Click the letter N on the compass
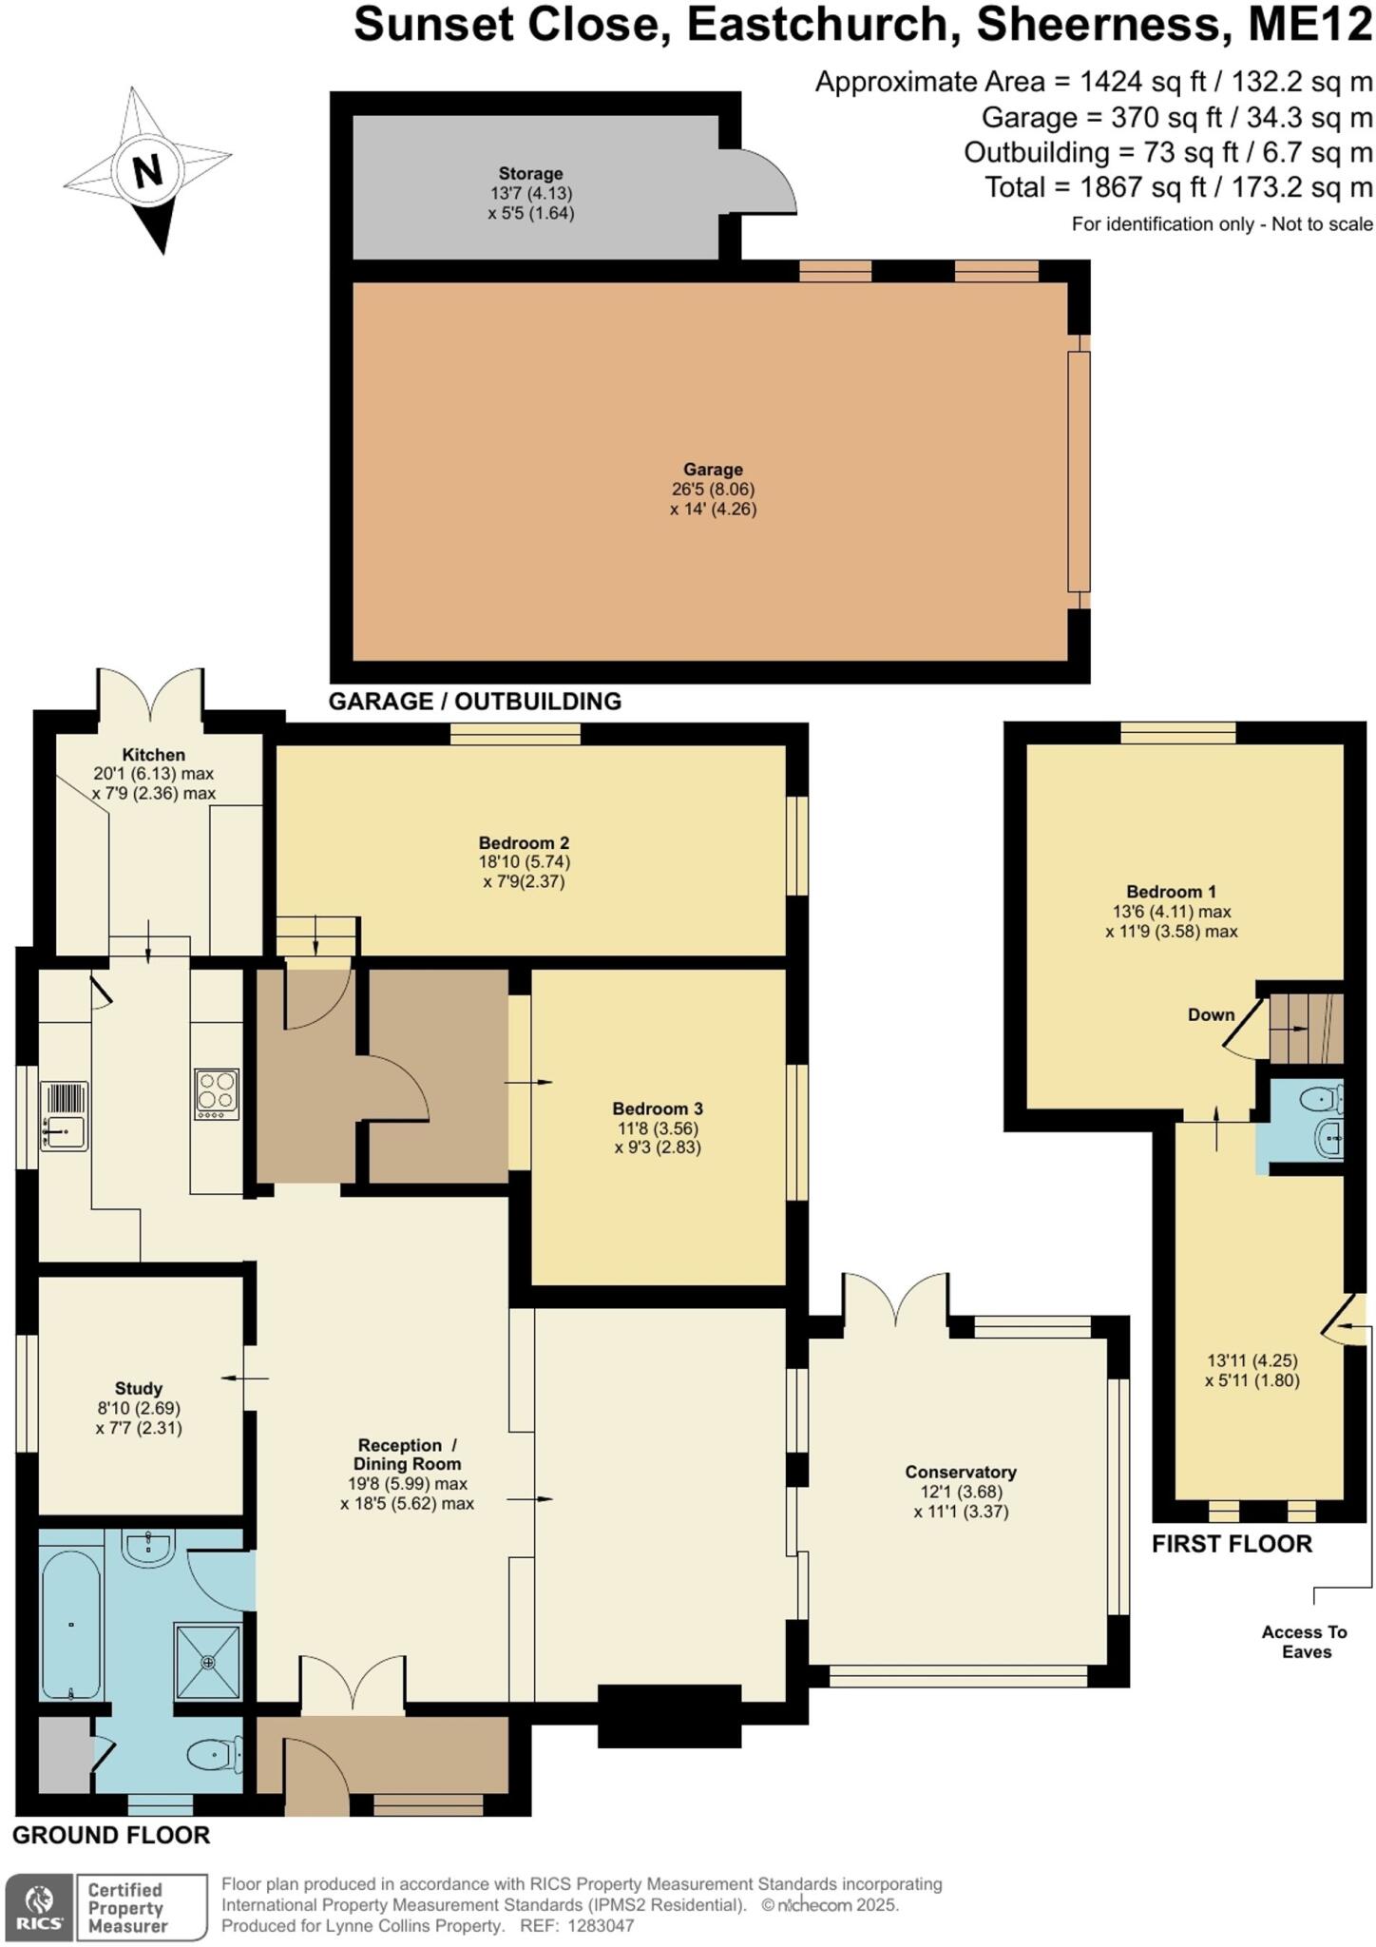click(147, 171)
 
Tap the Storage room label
click(530, 174)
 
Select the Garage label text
click(713, 470)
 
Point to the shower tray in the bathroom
click(208, 1661)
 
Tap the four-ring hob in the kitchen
click(217, 1094)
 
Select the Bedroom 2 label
click(524, 843)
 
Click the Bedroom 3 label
click(658, 1108)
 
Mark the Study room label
click(139, 1388)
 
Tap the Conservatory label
click(961, 1472)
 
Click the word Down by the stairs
click(1211, 1014)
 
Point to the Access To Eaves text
click(1305, 1642)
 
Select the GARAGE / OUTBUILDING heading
click(474, 702)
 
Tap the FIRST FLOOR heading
click(1232, 1544)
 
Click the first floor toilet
click(1324, 1100)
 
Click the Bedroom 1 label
click(1171, 892)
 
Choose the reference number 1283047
click(600, 1926)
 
